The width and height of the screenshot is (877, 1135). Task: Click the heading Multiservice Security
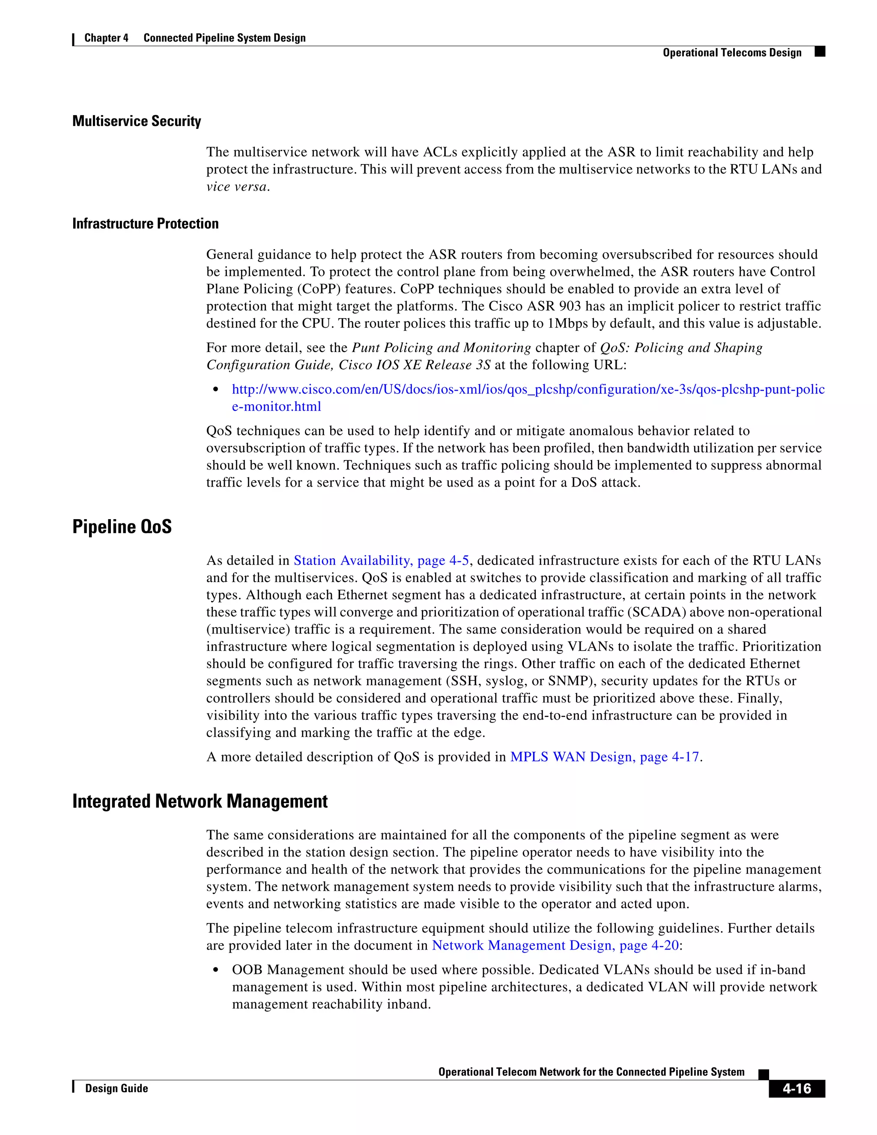137,121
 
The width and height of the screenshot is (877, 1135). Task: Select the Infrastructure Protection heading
146,224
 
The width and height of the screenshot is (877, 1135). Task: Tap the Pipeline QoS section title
122,526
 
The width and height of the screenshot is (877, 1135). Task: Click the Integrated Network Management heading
200,801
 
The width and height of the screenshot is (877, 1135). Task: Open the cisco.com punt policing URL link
528,389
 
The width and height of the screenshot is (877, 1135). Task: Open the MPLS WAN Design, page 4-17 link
605,757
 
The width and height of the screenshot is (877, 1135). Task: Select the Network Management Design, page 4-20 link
555,945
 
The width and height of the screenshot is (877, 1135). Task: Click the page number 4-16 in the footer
796,1088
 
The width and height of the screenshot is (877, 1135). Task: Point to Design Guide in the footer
116,1088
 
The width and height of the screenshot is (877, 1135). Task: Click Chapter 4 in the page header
106,38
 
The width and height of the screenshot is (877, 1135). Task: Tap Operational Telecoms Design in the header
732,53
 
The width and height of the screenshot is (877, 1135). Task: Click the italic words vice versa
236,187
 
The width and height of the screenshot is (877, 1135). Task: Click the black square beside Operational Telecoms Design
820,51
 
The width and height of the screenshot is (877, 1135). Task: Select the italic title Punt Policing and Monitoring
441,348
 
